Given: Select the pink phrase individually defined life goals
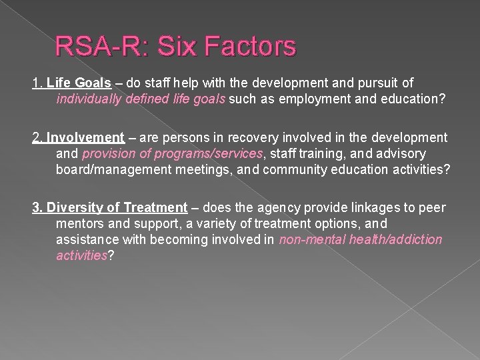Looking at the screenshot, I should click(141, 99).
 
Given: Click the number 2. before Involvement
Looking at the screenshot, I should click(38, 138).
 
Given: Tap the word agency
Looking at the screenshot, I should click(261, 207).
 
